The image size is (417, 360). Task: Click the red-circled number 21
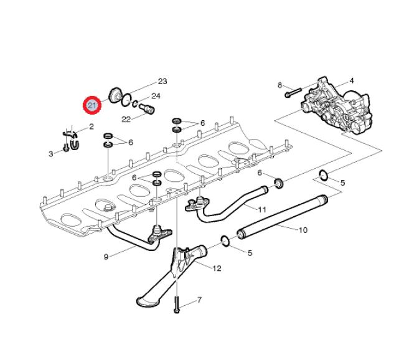(x=93, y=105)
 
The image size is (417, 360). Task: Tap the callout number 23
(x=162, y=82)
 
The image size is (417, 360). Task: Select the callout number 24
(x=156, y=96)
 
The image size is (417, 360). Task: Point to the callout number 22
(x=126, y=119)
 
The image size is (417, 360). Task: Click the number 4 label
(x=351, y=81)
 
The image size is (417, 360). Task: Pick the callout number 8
(x=279, y=85)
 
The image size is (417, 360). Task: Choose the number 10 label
(x=302, y=230)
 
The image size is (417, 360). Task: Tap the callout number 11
(x=262, y=209)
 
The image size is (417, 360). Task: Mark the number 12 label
(x=217, y=268)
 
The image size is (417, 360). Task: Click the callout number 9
(x=106, y=256)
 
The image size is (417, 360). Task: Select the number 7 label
(x=199, y=300)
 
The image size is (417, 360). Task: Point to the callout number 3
(x=51, y=153)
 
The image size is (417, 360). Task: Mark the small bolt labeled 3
(x=65, y=150)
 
